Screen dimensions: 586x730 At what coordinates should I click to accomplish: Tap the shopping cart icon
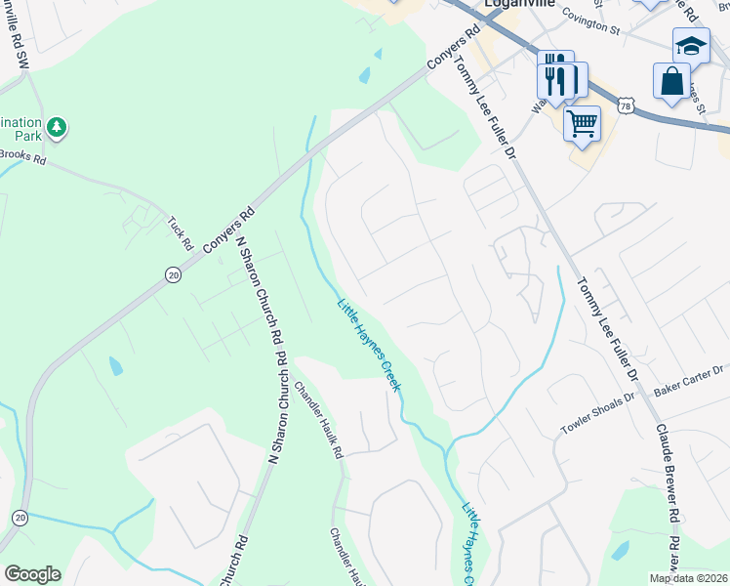(x=582, y=124)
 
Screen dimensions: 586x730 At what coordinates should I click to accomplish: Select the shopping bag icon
(x=672, y=82)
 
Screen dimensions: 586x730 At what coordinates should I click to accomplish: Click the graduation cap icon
(x=691, y=45)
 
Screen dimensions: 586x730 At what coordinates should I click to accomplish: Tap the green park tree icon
(x=58, y=127)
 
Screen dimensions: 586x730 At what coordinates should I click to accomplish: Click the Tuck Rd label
(x=181, y=232)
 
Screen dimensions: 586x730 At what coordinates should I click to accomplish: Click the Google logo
(x=32, y=574)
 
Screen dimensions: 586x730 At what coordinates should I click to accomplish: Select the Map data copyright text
(x=689, y=578)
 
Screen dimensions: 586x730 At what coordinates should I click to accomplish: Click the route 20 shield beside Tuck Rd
(x=173, y=275)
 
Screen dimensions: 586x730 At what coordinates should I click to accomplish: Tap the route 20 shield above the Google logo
(x=20, y=517)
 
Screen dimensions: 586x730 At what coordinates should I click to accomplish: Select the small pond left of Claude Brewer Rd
(x=620, y=551)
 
